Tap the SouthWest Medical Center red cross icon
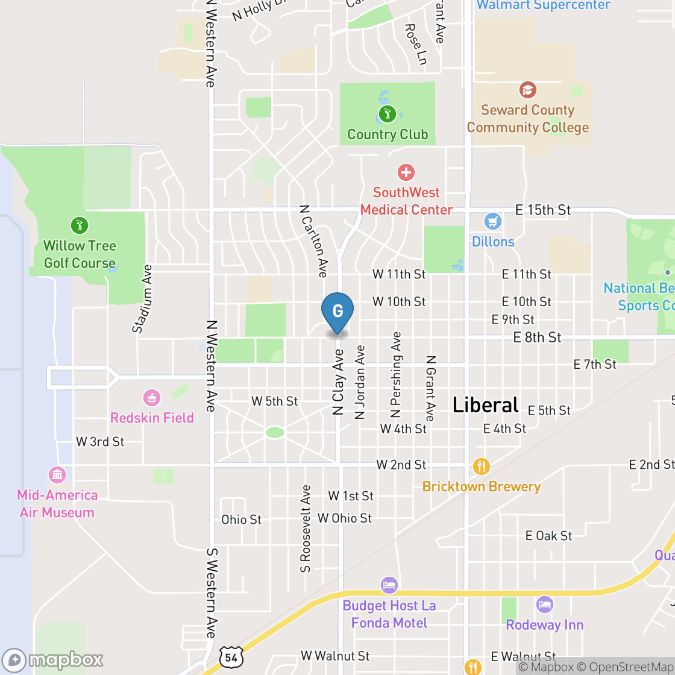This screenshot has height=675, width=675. (406, 173)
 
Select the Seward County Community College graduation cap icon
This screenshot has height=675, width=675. (528, 90)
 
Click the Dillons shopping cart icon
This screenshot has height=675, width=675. (493, 221)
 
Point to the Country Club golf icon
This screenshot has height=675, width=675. (387, 113)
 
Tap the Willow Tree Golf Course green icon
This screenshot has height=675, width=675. (79, 225)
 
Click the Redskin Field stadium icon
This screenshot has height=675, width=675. (151, 398)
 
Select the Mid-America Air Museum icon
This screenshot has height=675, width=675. (57, 475)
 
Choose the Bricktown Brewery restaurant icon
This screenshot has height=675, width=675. (481, 466)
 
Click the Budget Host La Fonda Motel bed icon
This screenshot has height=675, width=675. (389, 585)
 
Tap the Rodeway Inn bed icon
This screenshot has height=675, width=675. (545, 604)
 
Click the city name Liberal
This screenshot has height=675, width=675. (485, 404)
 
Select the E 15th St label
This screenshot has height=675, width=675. (542, 210)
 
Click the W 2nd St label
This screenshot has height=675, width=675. (401, 465)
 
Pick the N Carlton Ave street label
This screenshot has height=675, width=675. (313, 241)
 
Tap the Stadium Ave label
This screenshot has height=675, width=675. (143, 299)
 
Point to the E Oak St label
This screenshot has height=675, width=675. (548, 535)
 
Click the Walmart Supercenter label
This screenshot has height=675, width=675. (544, 5)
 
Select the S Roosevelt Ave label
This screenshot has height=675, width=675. (306, 528)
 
